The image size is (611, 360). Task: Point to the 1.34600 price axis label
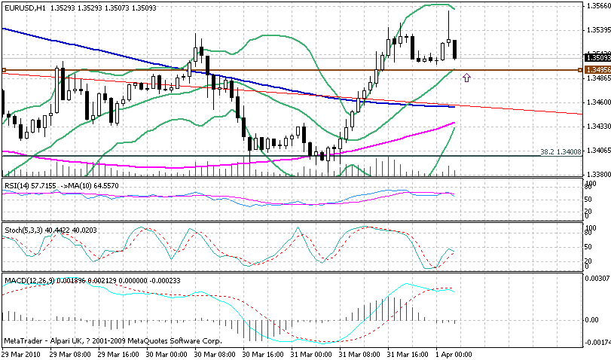pos(597,102)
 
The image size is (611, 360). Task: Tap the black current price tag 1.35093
pos(597,57)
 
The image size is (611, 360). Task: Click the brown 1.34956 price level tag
pos(597,70)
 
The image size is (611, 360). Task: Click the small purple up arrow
pos(467,77)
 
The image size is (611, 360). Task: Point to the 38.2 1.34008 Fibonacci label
pos(561,151)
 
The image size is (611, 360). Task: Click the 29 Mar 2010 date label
pos(21,354)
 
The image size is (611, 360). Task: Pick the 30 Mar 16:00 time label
pos(261,354)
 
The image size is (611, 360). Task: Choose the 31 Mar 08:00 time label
pos(359,354)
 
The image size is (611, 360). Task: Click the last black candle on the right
pos(456,49)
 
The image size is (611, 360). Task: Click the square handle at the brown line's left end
pos(4,70)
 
